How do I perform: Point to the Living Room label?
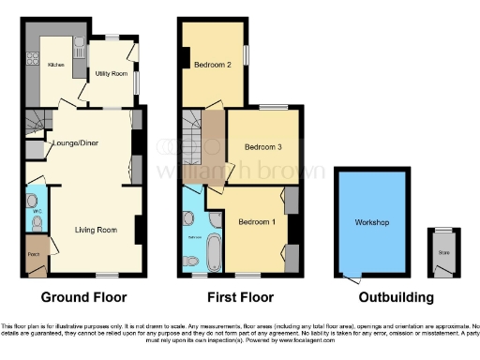(x=95, y=229)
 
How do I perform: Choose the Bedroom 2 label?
(x=213, y=66)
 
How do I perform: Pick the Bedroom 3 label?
(x=262, y=147)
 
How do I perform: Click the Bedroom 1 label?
(x=254, y=221)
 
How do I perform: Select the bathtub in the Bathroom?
(x=215, y=251)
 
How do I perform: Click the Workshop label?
(x=371, y=222)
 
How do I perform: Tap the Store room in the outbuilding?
(x=440, y=253)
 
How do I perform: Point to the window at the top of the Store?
(x=440, y=229)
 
